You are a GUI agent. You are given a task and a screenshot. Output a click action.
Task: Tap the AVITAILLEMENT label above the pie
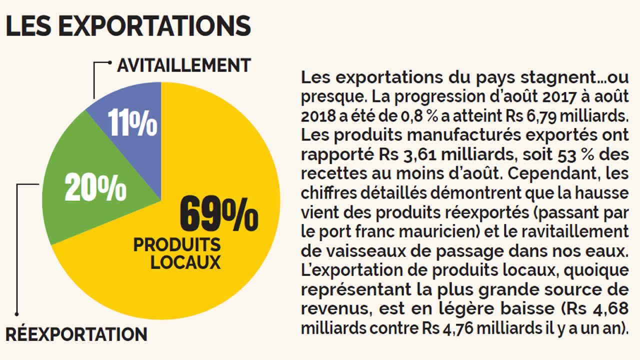(x=183, y=65)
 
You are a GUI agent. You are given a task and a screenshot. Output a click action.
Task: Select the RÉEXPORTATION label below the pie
(x=76, y=333)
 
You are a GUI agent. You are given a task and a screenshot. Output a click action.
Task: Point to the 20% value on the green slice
(x=95, y=188)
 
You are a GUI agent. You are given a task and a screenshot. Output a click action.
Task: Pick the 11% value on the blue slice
(x=133, y=125)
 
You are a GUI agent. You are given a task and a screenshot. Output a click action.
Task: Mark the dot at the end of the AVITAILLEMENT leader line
(x=110, y=63)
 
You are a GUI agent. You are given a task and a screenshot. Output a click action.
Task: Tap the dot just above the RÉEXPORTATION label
(x=16, y=314)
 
